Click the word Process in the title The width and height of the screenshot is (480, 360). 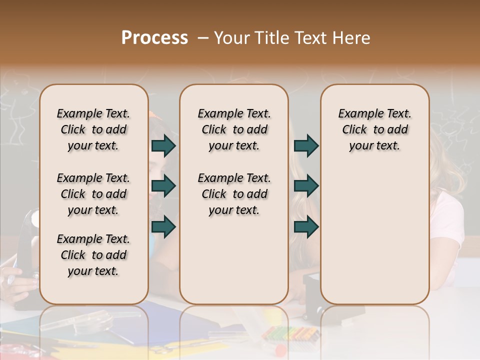[154, 38]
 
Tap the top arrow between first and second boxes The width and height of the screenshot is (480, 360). [163, 145]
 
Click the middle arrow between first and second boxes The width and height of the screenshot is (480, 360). [163, 186]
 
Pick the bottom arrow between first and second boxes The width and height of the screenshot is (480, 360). [163, 227]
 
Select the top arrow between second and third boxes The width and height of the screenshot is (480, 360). [306, 145]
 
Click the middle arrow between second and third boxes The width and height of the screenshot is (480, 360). [306, 186]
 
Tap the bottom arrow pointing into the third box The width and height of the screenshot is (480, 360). [306, 227]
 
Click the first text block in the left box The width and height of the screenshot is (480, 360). [93, 129]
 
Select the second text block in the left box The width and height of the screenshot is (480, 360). [93, 194]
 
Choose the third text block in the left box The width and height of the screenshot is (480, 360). [93, 255]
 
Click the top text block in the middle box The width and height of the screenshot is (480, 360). [234, 129]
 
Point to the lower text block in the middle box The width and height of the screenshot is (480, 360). [234, 194]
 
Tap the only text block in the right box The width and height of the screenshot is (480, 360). [374, 129]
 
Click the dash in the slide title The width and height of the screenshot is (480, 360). [203, 38]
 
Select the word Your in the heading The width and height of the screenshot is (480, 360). [231, 38]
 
